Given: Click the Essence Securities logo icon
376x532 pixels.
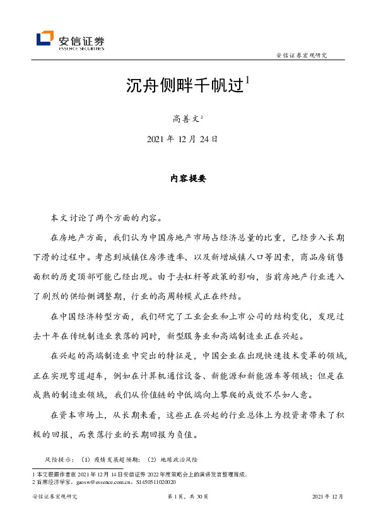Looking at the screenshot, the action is (x=45, y=39).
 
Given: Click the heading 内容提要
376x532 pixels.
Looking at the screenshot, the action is (x=188, y=179).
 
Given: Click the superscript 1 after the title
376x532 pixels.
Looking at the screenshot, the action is (x=248, y=81).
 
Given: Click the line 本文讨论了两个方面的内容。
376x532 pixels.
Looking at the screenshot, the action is (x=106, y=218).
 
